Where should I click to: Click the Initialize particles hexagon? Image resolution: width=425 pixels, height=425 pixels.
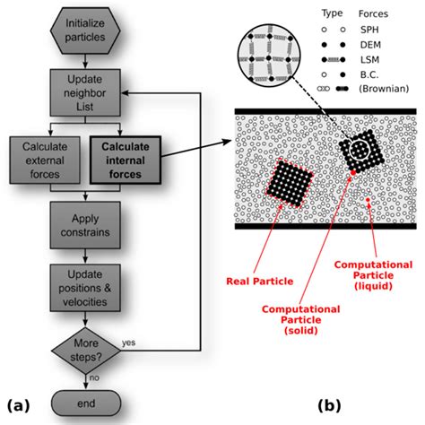point(86,30)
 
